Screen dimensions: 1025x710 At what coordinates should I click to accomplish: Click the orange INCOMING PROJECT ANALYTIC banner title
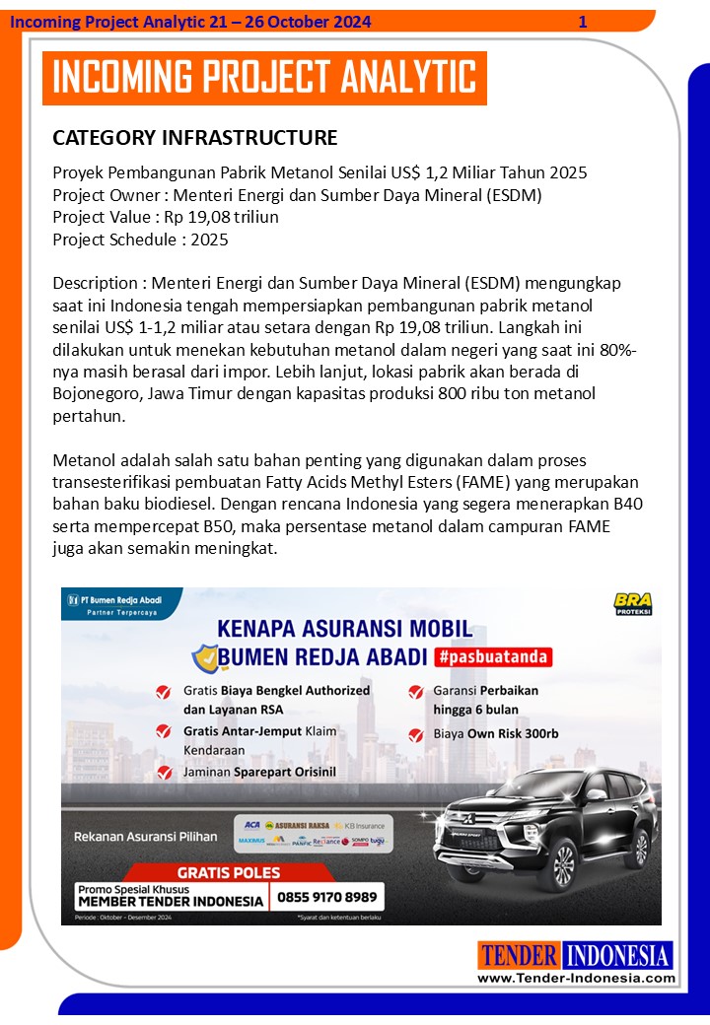tap(264, 78)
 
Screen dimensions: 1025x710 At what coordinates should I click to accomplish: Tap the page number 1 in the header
tap(583, 22)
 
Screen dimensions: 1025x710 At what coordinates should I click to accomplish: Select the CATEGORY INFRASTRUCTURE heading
tap(194, 137)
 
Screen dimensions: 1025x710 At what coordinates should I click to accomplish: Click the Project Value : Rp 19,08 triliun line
tap(166, 217)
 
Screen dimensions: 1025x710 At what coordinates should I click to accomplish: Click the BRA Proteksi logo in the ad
tap(632, 603)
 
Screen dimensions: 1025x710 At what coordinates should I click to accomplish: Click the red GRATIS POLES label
tap(229, 872)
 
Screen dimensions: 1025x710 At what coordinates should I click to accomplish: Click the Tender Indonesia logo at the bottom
tap(576, 955)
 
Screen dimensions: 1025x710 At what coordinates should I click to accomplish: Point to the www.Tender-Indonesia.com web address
tap(577, 979)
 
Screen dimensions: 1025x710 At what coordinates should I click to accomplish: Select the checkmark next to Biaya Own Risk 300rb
tap(415, 734)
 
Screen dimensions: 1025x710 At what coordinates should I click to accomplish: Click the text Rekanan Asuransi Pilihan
tap(146, 837)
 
